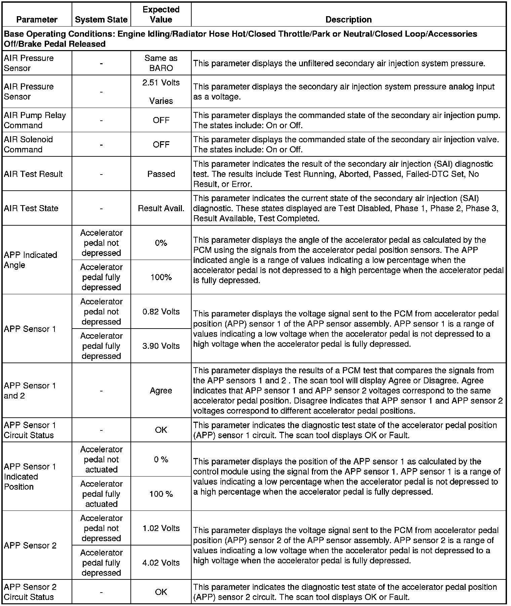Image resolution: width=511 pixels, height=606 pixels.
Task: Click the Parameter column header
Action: (x=37, y=20)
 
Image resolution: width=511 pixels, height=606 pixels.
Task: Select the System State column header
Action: (x=101, y=20)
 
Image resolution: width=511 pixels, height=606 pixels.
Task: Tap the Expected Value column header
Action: (x=161, y=14)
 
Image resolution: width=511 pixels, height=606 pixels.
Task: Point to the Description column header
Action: (x=349, y=20)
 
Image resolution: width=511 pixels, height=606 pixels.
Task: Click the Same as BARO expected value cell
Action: (x=161, y=63)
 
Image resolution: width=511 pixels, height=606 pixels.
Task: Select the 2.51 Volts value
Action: (x=161, y=83)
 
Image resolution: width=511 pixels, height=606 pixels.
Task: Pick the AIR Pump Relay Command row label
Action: (x=35, y=120)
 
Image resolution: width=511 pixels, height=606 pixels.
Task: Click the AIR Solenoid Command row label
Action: (x=29, y=144)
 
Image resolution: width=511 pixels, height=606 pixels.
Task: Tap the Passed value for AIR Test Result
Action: (x=161, y=174)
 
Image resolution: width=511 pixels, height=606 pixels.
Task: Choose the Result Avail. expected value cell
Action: (x=161, y=208)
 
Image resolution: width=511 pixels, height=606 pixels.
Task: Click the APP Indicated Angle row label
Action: (x=31, y=260)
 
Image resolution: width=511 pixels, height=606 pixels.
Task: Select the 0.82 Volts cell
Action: (x=161, y=311)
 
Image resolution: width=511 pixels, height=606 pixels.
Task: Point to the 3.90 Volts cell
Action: (x=161, y=346)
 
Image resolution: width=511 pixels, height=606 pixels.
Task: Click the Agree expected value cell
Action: (x=161, y=390)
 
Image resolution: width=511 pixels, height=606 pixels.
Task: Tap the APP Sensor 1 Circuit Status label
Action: (x=30, y=430)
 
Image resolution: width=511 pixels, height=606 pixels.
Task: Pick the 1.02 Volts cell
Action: (x=161, y=528)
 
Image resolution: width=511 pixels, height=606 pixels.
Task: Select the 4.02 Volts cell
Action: (x=161, y=563)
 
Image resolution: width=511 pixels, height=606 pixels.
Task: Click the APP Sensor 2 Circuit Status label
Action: (x=30, y=592)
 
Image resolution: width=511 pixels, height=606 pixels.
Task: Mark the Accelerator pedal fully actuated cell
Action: (x=101, y=494)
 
